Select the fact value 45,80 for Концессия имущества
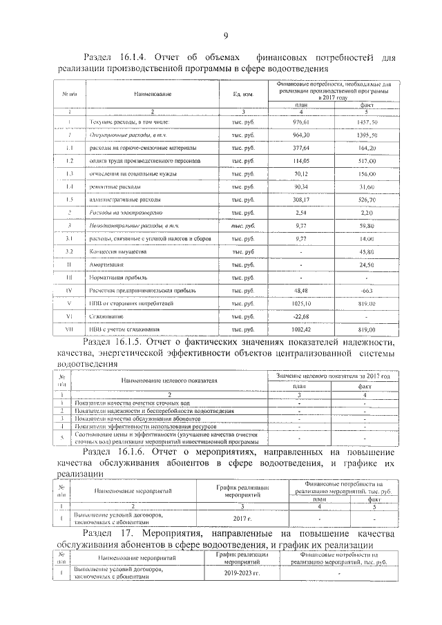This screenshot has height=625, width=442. pyautogui.click(x=366, y=251)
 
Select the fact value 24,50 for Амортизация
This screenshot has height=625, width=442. pyautogui.click(x=366, y=265)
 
